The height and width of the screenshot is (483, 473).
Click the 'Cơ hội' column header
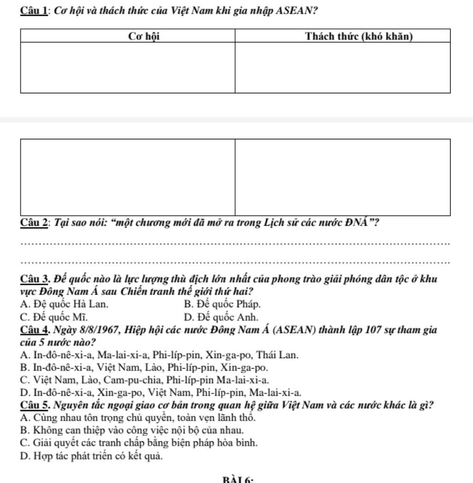[144, 36]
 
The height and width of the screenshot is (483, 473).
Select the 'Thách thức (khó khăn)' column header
[359, 36]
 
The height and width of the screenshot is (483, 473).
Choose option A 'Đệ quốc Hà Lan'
[65, 304]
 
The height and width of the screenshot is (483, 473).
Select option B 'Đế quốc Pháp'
[222, 304]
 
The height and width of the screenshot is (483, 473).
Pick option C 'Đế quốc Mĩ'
[54, 317]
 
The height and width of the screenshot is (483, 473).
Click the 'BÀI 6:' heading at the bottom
[237, 480]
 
